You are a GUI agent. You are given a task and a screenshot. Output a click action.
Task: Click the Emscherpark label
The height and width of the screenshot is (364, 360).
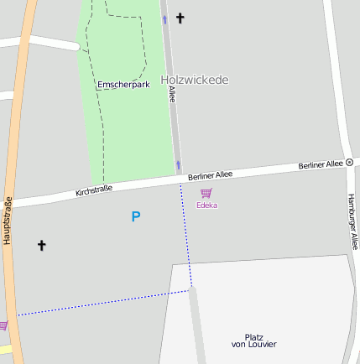pos(123,85)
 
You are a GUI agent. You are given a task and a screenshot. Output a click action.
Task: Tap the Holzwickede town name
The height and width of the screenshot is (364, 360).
pos(194,80)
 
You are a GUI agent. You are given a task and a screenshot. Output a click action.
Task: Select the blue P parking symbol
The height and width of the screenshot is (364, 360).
pos(135,216)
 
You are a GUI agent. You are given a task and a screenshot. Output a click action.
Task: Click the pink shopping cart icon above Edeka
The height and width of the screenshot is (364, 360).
pos(206,193)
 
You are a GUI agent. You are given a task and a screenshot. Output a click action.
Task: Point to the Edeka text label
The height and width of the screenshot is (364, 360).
pos(206,205)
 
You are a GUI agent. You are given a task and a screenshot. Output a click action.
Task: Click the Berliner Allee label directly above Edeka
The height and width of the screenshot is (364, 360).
pos(210,175)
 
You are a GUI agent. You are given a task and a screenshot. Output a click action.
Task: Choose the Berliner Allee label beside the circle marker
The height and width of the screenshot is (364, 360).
pos(321,164)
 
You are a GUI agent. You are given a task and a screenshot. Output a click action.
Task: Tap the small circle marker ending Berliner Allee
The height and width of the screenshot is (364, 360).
pos(350,162)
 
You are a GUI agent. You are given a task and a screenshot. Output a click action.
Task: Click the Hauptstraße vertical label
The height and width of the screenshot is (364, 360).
pos(8,220)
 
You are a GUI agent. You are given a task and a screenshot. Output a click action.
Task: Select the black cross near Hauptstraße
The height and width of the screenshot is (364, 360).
pos(41,245)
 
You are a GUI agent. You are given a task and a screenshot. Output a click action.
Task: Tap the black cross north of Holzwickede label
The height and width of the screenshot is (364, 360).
pos(180,18)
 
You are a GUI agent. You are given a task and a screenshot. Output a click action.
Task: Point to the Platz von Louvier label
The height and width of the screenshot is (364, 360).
pos(253,340)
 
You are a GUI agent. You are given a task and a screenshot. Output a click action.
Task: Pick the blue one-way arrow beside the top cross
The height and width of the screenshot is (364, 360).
pos(164,19)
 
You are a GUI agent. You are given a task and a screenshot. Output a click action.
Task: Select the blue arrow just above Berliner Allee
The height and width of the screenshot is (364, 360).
pos(178,164)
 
